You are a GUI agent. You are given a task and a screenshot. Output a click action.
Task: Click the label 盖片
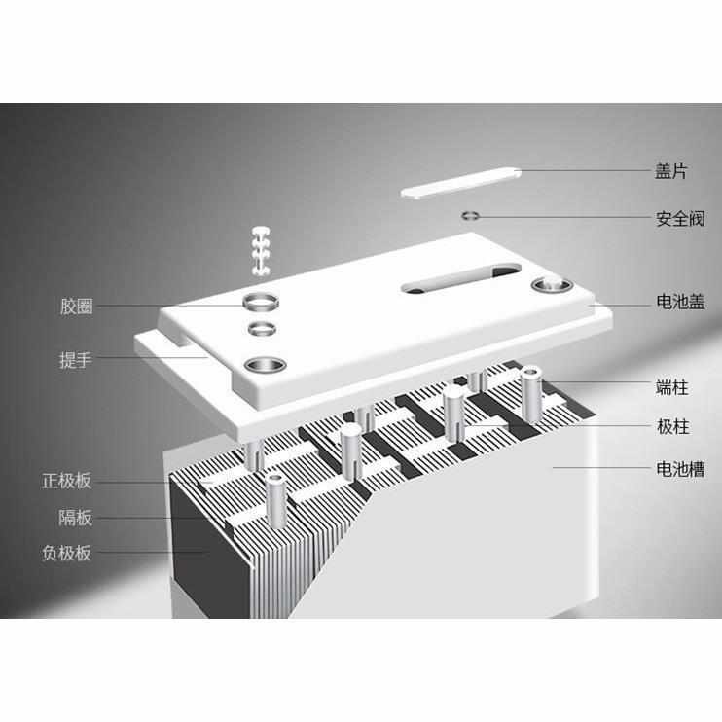tap(671, 172)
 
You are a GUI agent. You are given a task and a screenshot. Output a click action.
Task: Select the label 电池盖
tap(678, 303)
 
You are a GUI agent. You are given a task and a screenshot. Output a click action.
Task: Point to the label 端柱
tap(671, 387)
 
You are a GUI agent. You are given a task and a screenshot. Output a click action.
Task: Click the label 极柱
tap(671, 427)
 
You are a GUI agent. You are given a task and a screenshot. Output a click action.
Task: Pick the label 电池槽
tap(678, 470)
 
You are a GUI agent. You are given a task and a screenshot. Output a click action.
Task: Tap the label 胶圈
tap(76, 307)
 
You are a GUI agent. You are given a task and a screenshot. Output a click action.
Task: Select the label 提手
tap(76, 360)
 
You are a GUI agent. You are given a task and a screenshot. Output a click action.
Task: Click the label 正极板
tap(67, 481)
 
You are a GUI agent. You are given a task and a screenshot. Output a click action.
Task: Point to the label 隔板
tap(76, 518)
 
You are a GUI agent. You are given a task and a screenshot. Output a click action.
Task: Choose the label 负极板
tap(67, 553)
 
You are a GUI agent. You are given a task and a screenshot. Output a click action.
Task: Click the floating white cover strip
tap(461, 181)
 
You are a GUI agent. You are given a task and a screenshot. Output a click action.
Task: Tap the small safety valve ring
tap(471, 215)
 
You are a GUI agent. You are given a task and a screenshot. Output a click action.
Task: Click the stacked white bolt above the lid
tap(260, 248)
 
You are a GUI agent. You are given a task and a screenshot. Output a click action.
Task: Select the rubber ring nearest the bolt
tap(261, 299)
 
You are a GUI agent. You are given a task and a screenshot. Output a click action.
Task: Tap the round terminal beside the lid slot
tap(551, 286)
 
